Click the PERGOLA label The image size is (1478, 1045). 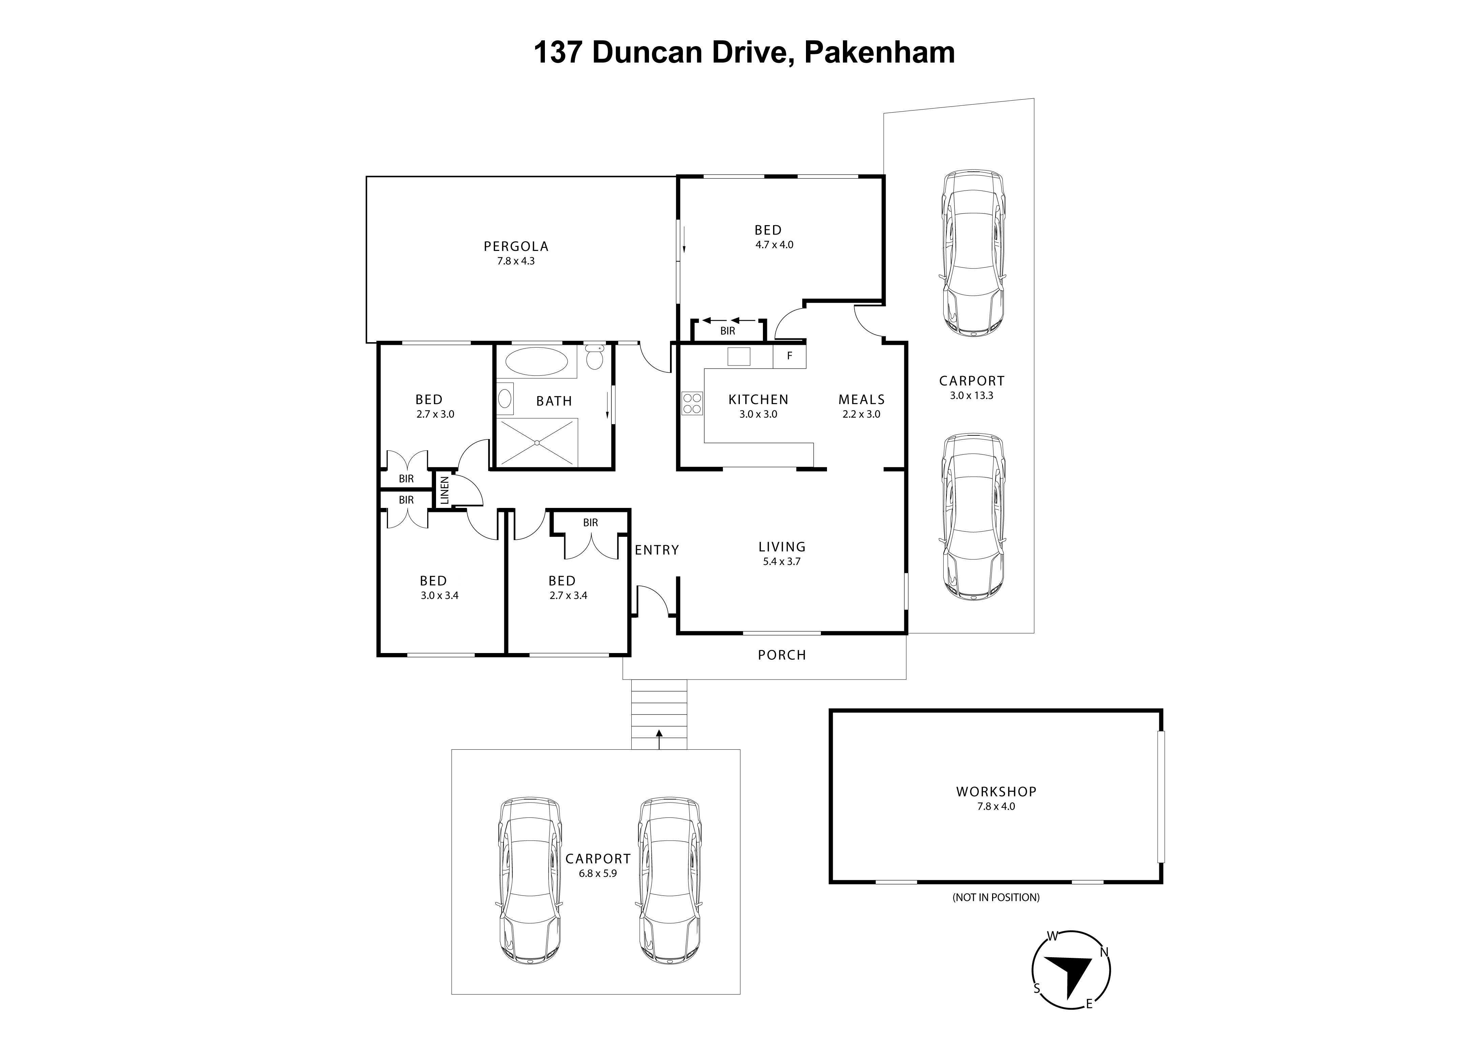[x=516, y=246]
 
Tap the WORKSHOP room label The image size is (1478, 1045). [x=996, y=791]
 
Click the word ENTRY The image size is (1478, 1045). [x=656, y=550]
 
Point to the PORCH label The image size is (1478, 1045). [x=782, y=655]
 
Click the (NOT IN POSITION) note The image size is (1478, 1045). [x=996, y=897]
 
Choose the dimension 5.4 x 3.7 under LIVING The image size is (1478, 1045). [x=782, y=561]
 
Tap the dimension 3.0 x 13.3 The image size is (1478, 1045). [x=971, y=395]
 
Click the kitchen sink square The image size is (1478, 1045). [x=739, y=356]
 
